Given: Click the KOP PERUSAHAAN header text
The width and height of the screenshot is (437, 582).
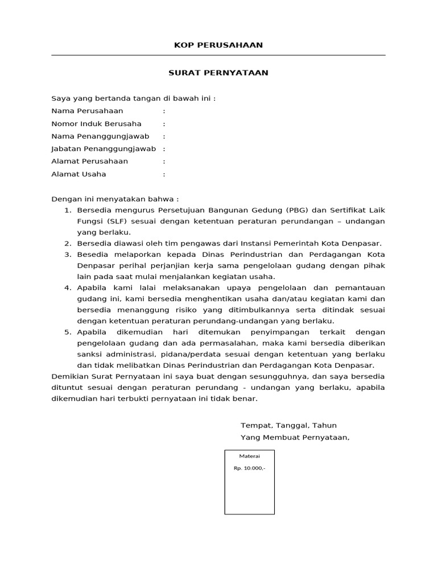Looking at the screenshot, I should pyautogui.click(x=218, y=45).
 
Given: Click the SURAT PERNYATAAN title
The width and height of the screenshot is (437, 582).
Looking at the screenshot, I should pyautogui.click(x=218, y=73).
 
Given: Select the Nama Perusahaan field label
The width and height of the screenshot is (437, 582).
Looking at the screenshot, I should pyautogui.click(x=87, y=111).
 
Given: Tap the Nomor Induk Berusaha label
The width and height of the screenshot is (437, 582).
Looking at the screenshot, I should pyautogui.click(x=96, y=124).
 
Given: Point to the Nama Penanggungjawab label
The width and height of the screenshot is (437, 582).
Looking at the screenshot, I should pyautogui.click(x=100, y=136).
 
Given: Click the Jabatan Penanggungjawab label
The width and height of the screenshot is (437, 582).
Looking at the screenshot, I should pyautogui.click(x=104, y=149).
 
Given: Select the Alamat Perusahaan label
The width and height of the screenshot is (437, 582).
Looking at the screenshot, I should pyautogui.click(x=89, y=161).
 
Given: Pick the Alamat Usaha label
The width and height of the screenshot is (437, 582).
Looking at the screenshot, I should pyautogui.click(x=79, y=174).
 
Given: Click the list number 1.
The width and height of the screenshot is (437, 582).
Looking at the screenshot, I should pyautogui.click(x=68, y=210).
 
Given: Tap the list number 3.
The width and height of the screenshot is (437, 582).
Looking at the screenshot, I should pyautogui.click(x=68, y=255).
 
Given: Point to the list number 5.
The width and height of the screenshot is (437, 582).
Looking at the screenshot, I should pyautogui.click(x=68, y=332).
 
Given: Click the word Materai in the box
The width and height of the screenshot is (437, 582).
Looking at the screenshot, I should pyautogui.click(x=249, y=456).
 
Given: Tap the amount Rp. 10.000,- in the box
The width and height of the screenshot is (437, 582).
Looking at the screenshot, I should pyautogui.click(x=249, y=469).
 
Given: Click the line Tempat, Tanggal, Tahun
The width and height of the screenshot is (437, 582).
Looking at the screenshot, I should pyautogui.click(x=288, y=425).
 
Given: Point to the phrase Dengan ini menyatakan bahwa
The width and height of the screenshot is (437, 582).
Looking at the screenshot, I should pyautogui.click(x=114, y=199).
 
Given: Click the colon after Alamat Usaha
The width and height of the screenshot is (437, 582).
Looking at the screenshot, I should pyautogui.click(x=164, y=174).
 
